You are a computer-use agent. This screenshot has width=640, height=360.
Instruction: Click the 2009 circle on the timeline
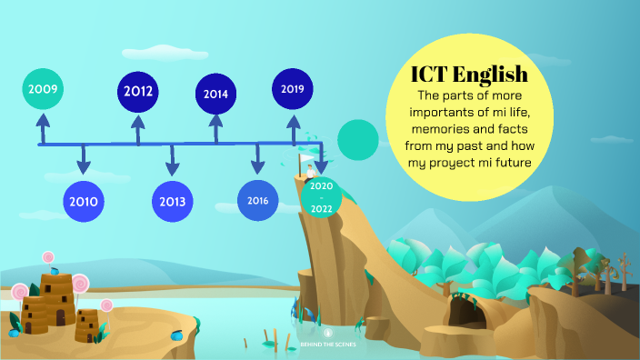tap(43, 90)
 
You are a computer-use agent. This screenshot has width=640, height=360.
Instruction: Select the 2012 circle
tap(138, 91)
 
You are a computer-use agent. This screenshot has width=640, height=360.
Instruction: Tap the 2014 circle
tap(216, 94)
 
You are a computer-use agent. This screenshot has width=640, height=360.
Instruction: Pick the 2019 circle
tap(293, 89)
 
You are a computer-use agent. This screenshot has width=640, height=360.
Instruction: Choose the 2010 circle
tap(84, 201)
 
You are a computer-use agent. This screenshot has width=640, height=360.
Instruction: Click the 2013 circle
tap(171, 201)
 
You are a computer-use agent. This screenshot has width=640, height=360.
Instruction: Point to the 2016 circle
tap(257, 200)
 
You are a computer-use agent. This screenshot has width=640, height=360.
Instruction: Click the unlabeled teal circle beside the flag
tap(357, 138)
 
